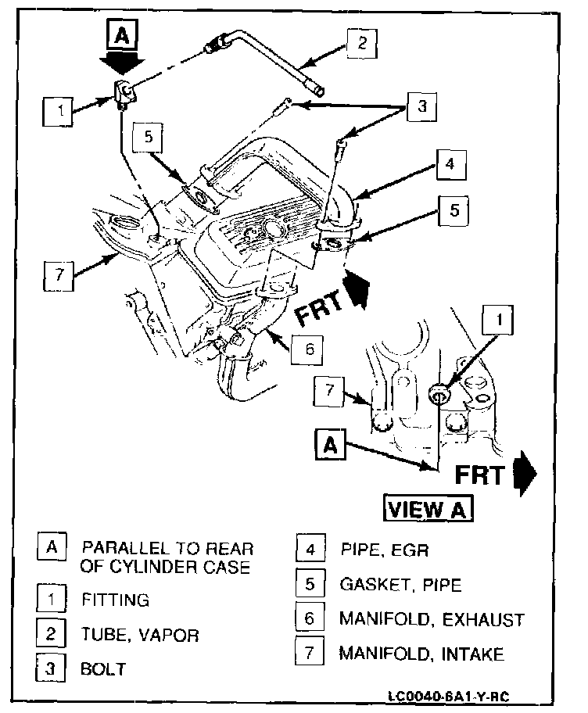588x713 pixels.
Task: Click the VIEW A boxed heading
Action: tap(428, 509)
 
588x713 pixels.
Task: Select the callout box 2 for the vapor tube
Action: tap(363, 43)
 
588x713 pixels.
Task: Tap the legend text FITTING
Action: tap(115, 600)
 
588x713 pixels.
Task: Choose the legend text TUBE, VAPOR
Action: tap(139, 635)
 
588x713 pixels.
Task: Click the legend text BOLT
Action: tap(103, 669)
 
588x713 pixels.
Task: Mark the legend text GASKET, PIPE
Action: tap(400, 585)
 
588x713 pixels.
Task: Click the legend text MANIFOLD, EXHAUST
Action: tap(431, 619)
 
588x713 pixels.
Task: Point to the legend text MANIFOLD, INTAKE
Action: tap(421, 654)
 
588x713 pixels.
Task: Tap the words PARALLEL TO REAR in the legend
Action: tap(167, 548)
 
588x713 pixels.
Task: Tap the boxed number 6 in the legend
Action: tap(310, 618)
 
